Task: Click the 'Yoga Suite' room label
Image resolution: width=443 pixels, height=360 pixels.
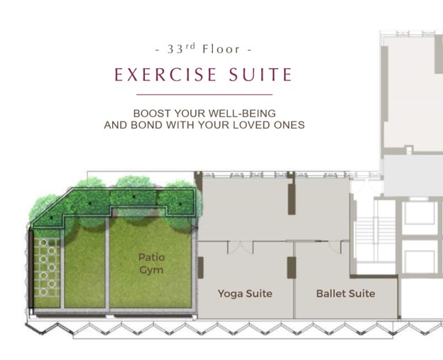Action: click(245, 293)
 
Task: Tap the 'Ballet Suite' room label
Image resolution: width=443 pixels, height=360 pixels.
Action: click(346, 293)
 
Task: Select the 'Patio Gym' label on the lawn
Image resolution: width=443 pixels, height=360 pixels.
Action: click(151, 263)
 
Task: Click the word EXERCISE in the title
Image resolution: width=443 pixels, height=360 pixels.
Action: click(165, 75)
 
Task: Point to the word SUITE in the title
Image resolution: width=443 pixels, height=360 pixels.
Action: click(261, 75)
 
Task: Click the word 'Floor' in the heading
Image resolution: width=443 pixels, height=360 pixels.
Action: click(221, 49)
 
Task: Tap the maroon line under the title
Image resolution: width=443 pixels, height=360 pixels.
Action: click(204, 94)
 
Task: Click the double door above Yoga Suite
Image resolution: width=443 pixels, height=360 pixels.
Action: click(240, 247)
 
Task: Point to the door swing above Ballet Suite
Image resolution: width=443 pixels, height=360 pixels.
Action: click(335, 246)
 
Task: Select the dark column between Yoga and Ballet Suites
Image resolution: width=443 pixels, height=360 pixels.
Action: click(292, 268)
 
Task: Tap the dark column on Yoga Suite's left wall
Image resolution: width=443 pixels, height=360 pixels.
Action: click(201, 268)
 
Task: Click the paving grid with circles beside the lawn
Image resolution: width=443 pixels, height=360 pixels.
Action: click(47, 267)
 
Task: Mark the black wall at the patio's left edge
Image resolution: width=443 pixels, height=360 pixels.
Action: click(31, 269)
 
